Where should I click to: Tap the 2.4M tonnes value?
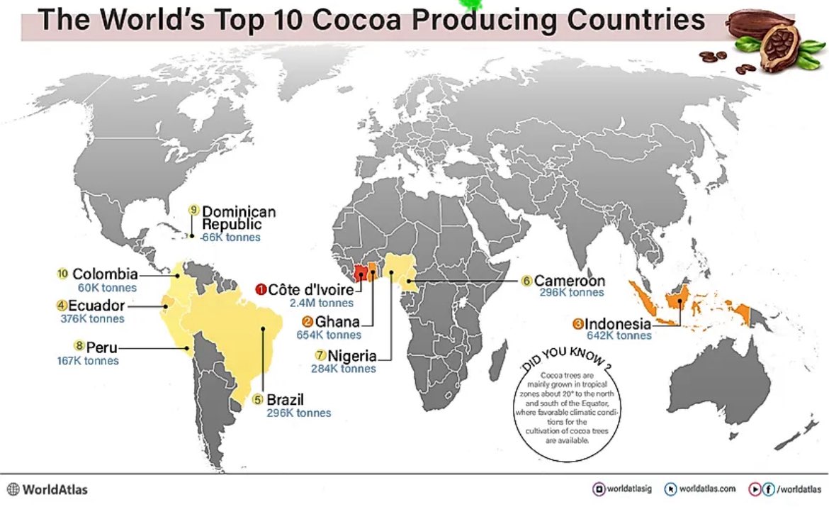tap(321, 303)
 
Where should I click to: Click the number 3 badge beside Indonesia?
tap(577, 324)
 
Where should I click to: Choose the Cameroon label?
tap(569, 280)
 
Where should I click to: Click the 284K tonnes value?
tap(343, 369)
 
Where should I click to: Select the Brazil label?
tap(285, 399)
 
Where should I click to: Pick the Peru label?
tap(101, 347)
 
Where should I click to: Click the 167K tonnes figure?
tap(88, 361)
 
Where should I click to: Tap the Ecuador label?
tap(96, 306)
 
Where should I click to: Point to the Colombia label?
tap(105, 274)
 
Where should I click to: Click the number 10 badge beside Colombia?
tap(62, 273)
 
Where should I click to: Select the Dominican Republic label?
tap(239, 218)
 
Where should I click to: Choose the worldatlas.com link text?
tap(707, 489)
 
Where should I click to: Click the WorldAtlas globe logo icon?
tap(13, 489)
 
